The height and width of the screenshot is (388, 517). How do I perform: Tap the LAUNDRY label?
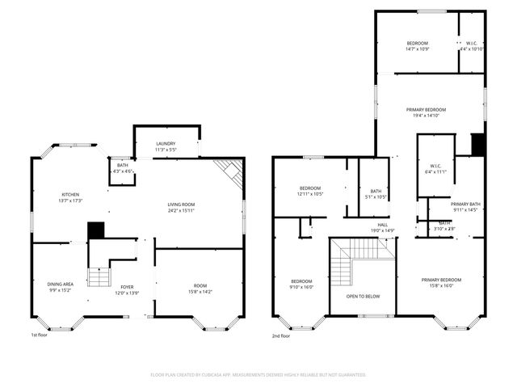(x=166, y=143)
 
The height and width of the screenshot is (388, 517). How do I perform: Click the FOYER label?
(x=127, y=287)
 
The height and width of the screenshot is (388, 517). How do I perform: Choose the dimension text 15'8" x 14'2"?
(x=200, y=293)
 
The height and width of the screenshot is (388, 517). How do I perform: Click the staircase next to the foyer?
(x=98, y=277)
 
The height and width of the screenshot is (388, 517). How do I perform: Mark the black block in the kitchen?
(x=96, y=230)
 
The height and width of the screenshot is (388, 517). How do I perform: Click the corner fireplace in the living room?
(x=231, y=171)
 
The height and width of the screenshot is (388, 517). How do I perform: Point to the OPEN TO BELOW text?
(x=363, y=296)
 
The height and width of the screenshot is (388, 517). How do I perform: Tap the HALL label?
(x=382, y=225)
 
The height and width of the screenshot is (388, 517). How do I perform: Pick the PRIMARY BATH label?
(x=466, y=204)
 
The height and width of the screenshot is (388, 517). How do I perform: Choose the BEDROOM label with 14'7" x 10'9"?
(x=417, y=43)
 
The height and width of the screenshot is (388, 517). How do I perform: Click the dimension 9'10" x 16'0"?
(x=301, y=287)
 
